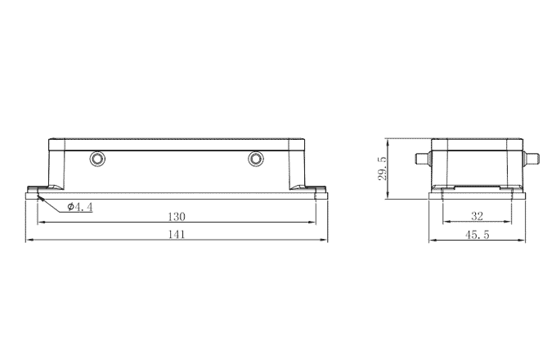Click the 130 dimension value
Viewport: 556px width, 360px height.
point(177,217)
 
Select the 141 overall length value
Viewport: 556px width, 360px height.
point(177,235)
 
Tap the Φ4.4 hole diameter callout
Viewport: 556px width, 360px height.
point(80,207)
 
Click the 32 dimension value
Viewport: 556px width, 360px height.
point(478,217)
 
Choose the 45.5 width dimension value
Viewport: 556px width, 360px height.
point(478,235)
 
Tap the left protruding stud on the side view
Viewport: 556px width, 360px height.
point(422,158)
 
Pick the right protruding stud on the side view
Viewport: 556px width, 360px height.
point(532,158)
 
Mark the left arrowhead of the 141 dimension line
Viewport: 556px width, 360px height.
point(30,241)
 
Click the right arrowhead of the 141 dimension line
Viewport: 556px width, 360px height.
point(325,241)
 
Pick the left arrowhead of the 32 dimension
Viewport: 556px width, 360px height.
point(444,223)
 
